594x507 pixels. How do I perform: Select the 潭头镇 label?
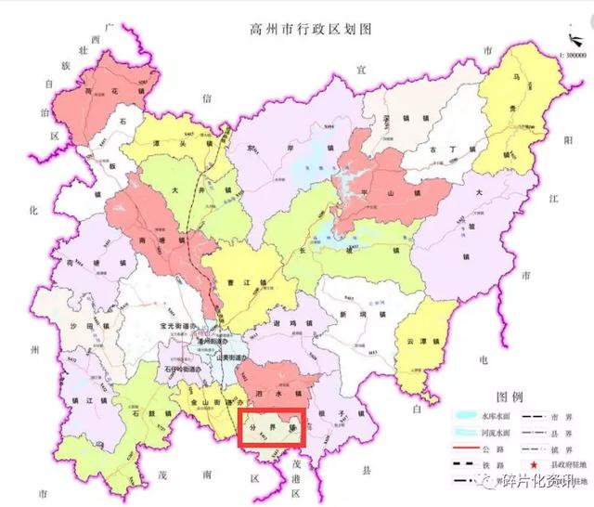(x=182, y=144)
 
